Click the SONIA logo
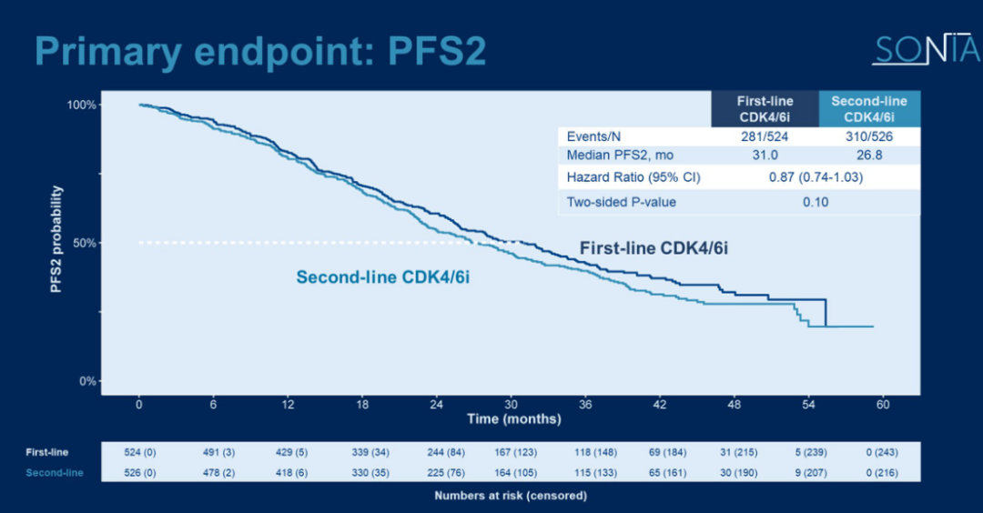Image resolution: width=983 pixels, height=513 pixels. click(925, 50)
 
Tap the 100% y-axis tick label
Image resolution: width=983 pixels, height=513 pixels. click(82, 105)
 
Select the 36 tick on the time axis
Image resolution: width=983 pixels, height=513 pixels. click(585, 404)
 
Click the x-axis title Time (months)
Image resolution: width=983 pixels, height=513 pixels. click(514, 419)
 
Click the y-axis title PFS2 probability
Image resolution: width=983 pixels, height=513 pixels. click(57, 240)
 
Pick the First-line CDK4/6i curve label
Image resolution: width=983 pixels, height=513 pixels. click(654, 247)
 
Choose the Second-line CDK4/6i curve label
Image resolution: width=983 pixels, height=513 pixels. click(382, 277)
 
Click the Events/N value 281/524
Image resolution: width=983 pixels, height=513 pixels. click(765, 136)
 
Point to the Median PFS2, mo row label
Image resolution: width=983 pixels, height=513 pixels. click(620, 156)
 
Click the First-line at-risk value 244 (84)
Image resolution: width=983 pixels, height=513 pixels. click(437, 452)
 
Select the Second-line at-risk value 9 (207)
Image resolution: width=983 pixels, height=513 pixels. click(808, 473)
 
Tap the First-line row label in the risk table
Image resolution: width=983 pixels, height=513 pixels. click(46, 452)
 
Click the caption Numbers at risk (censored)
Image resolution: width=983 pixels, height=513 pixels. click(511, 496)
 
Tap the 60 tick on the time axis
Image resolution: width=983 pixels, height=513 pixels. click(882, 404)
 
